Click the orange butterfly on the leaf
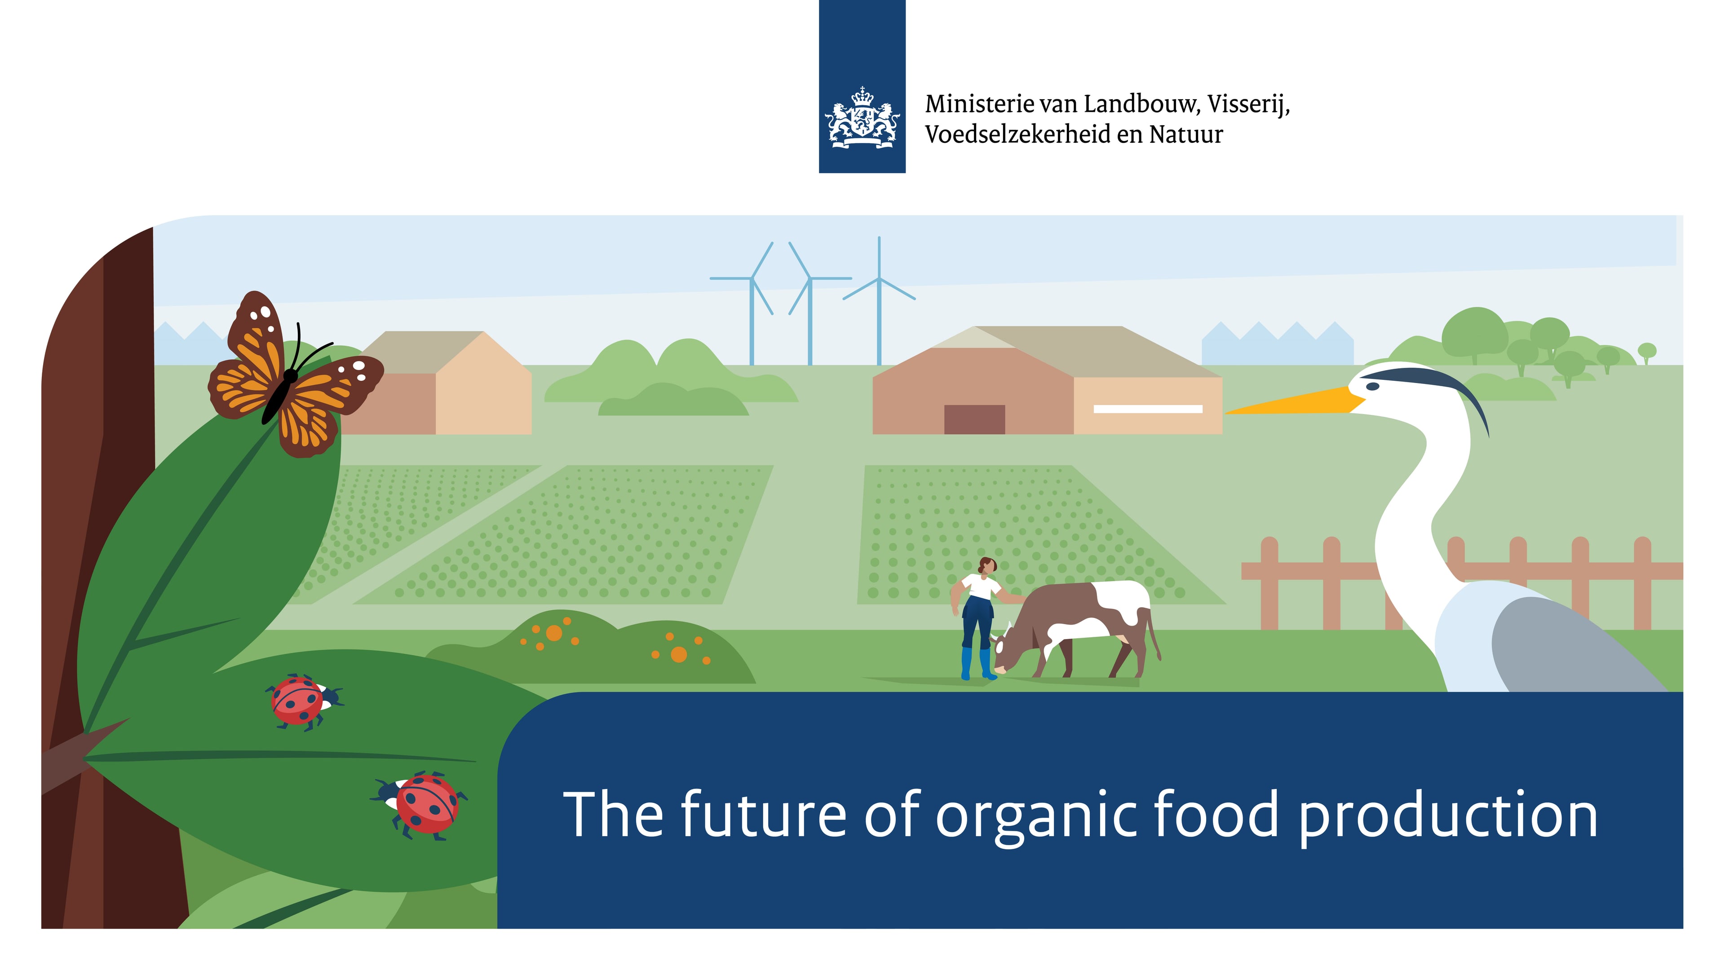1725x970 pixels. tap(295, 375)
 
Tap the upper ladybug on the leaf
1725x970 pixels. tap(303, 701)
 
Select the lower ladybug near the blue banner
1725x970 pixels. tap(420, 805)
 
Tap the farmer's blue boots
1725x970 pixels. tap(977, 663)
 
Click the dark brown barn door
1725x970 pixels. tap(974, 419)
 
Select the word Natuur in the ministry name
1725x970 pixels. tap(1186, 135)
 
